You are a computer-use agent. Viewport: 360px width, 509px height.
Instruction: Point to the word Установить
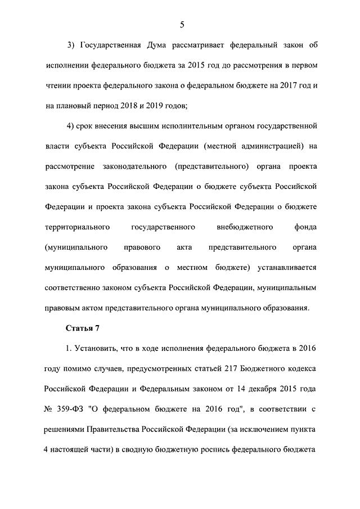pos(97,348)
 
